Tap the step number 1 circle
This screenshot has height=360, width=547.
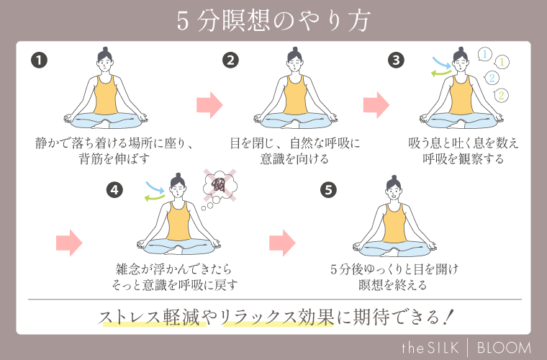click(40, 60)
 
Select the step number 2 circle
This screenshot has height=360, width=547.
click(230, 60)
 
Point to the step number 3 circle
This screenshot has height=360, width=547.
click(396, 60)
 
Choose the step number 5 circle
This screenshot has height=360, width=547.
click(328, 189)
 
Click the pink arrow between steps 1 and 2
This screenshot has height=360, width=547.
click(209, 104)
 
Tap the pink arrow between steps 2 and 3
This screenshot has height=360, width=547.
click(376, 104)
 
